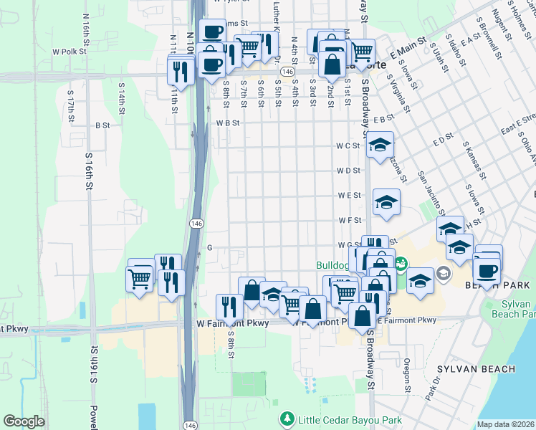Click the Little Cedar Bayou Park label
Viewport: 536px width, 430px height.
coord(349,419)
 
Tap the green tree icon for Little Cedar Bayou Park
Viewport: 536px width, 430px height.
coord(287,419)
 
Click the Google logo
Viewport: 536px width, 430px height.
coord(24,421)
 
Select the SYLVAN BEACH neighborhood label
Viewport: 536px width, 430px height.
coord(476,369)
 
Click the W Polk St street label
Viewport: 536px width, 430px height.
coord(69,52)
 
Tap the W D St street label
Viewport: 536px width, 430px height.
coord(348,171)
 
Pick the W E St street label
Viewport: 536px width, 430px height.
coord(348,195)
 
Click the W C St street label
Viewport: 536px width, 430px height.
coord(348,145)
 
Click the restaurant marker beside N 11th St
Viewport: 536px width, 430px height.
coord(180,71)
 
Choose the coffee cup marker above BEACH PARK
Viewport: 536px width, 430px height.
coord(486,272)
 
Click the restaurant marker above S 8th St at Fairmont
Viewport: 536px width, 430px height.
coord(229,307)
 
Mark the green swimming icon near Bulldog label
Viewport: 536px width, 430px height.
coord(401,264)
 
